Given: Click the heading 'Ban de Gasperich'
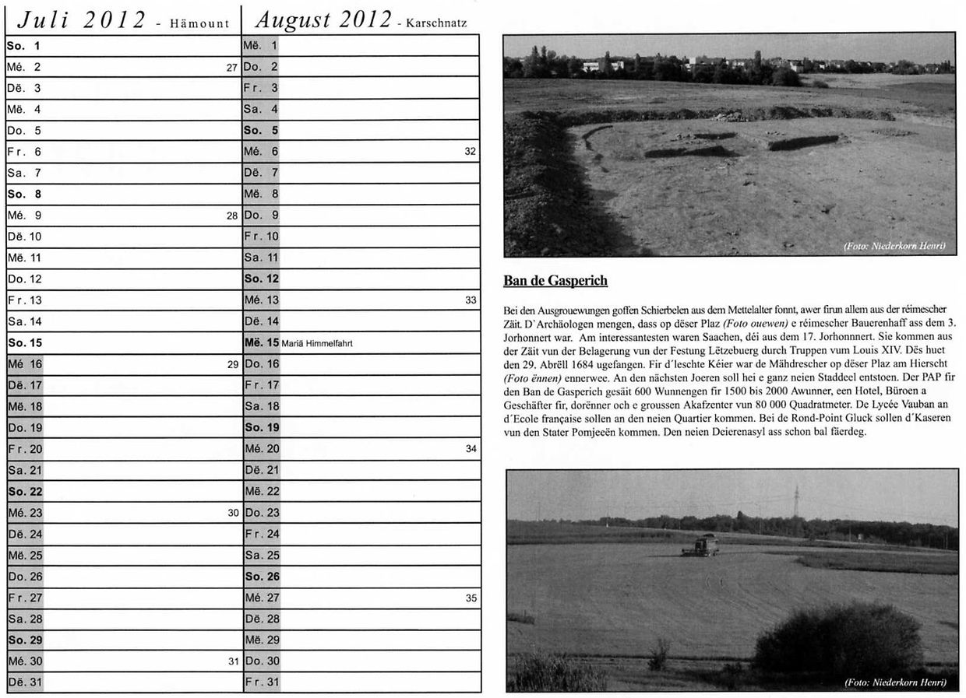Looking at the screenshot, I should [555, 281].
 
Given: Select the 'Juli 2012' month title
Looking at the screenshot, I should [82, 20].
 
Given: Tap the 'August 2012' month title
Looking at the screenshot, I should [323, 20].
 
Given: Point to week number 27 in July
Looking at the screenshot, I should [231, 68].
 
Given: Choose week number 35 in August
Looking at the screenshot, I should [471, 598].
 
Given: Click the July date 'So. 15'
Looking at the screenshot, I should [24, 342].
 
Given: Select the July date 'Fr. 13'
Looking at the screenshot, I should [24, 300].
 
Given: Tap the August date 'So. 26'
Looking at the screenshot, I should [261, 577].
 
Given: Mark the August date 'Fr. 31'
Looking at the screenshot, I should [261, 683].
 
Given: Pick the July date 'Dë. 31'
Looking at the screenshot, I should [24, 683].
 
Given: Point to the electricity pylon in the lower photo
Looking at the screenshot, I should [795, 501].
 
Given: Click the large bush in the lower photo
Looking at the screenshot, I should [837, 639].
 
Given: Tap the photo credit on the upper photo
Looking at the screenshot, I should [894, 247].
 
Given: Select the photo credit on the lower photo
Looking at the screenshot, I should [895, 682].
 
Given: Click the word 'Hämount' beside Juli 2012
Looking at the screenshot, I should [200, 24].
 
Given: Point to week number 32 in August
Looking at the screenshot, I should [470, 152].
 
